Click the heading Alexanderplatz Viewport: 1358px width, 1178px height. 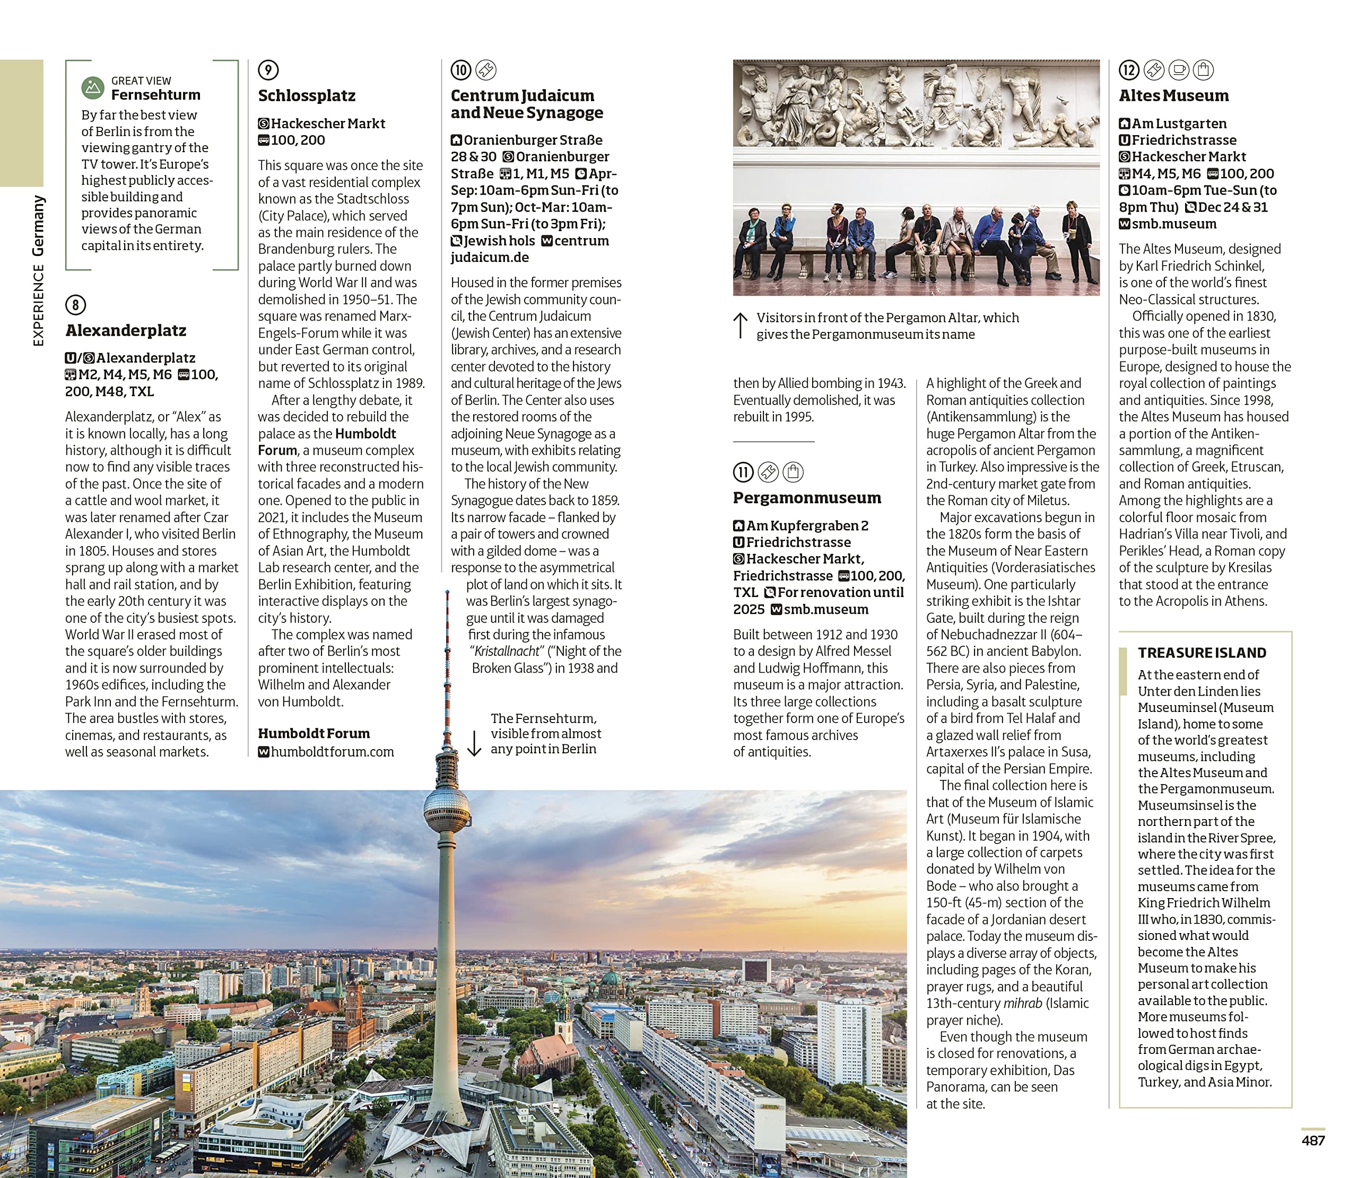(126, 331)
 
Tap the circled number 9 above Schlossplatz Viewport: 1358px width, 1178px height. (268, 69)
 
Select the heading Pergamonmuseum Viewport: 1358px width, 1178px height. (807, 498)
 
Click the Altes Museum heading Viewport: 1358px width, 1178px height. (1173, 96)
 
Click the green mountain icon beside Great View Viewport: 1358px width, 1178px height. (93, 87)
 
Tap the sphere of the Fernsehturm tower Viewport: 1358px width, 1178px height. (447, 811)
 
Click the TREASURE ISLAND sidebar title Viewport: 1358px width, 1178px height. (1202, 653)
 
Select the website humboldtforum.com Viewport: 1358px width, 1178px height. (332, 752)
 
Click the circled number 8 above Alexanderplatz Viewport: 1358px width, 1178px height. (76, 305)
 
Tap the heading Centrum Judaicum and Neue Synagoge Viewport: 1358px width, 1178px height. (526, 104)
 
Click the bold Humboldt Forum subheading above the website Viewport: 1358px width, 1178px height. (314, 734)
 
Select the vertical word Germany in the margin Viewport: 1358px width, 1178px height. (39, 225)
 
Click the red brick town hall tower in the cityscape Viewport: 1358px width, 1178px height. (354, 1006)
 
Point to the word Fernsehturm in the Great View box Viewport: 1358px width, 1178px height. (155, 95)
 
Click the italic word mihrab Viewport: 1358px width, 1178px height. (1022, 1004)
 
